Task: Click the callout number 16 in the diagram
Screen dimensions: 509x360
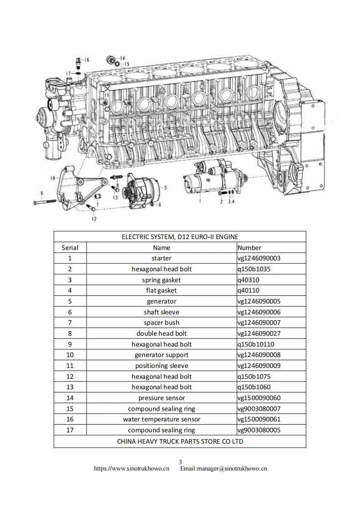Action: coord(87,60)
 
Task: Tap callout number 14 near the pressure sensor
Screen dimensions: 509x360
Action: coord(123,59)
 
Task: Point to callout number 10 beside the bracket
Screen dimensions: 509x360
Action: coord(52,177)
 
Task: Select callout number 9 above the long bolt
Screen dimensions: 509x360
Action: coord(41,193)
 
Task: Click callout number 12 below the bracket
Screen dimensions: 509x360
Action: coord(94,219)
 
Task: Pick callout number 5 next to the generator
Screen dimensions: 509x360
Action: coord(165,187)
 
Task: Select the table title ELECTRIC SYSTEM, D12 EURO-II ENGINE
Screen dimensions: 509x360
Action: coord(180,237)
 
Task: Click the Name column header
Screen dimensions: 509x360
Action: coord(162,248)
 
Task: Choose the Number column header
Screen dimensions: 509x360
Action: coord(249,248)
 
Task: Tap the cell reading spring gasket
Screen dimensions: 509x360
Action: coord(162,280)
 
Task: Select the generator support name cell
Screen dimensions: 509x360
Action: coord(162,355)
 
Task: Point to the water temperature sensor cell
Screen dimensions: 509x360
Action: coord(162,419)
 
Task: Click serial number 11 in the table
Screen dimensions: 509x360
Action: coord(70,366)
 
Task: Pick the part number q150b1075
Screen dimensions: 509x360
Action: coord(255,377)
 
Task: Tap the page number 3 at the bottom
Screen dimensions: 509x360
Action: coord(180,462)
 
